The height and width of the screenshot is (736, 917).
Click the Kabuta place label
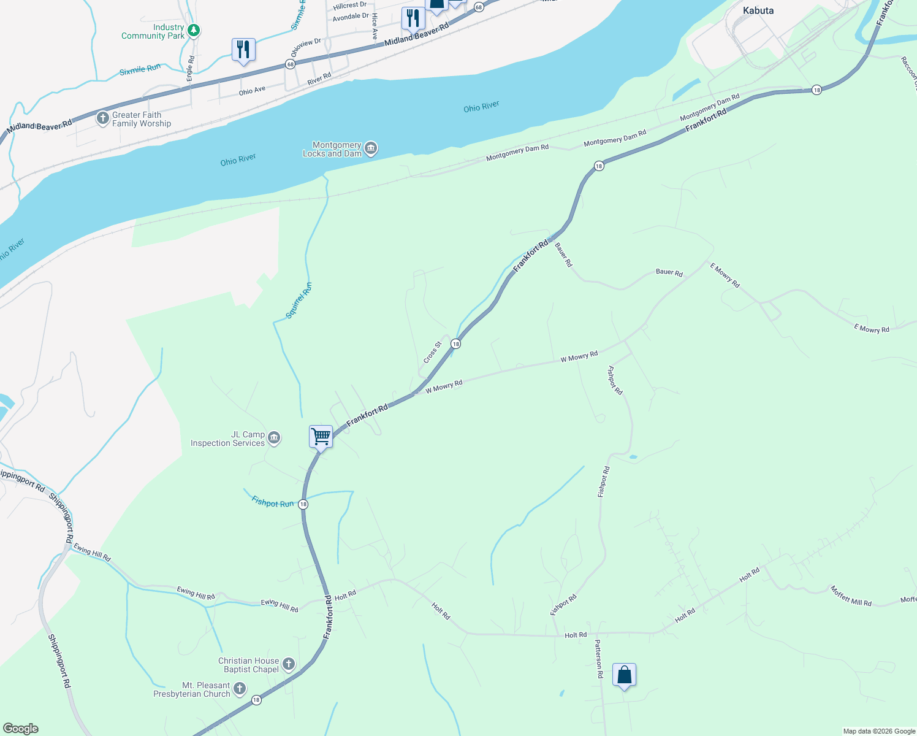click(758, 10)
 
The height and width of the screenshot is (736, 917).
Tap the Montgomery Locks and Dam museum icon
click(370, 148)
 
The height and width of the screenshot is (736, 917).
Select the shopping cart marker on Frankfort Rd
click(321, 437)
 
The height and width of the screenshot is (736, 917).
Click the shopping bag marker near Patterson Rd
click(624, 675)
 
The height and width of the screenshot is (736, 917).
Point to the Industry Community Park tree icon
click(194, 30)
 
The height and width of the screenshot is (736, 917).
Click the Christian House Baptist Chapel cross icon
click(288, 664)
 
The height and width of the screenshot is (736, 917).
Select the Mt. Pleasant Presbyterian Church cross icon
click(240, 689)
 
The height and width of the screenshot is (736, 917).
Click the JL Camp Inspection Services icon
click(274, 438)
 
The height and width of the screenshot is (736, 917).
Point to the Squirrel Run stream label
click(299, 301)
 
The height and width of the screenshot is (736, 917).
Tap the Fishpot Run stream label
click(273, 502)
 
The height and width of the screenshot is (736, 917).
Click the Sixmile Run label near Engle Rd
click(140, 70)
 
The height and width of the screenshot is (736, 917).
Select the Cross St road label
click(432, 352)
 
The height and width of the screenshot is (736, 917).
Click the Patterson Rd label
click(599, 659)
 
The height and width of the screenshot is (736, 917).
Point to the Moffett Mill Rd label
click(851, 596)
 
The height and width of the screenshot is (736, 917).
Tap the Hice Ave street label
click(375, 26)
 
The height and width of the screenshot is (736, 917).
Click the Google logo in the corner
click(21, 729)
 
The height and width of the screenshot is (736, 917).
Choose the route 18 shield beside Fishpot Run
click(303, 504)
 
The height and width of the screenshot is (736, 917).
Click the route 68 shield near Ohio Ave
click(290, 64)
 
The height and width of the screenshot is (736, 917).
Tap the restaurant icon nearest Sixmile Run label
click(243, 50)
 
